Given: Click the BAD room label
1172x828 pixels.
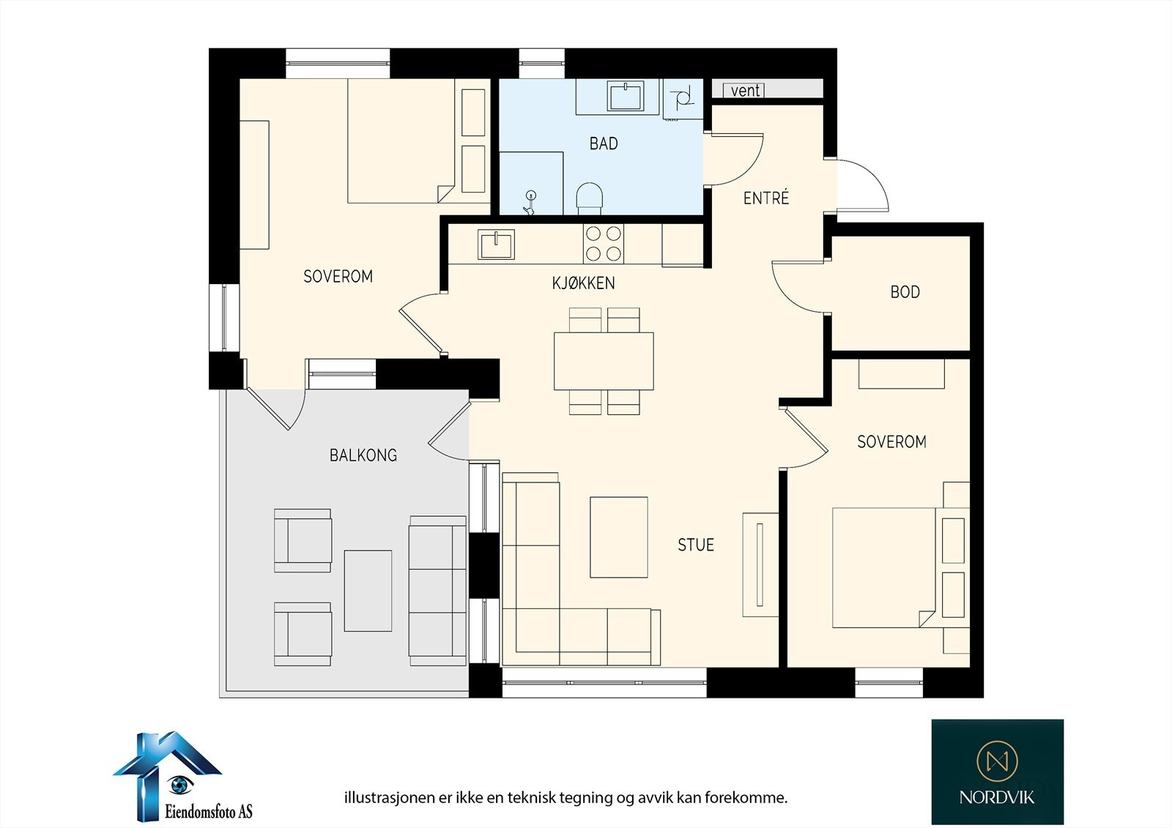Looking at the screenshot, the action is click(x=604, y=143).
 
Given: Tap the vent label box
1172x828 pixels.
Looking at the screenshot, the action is click(x=743, y=91).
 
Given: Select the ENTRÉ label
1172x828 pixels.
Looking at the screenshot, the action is click(x=766, y=198).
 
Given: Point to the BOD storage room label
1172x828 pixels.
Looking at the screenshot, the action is click(x=905, y=292).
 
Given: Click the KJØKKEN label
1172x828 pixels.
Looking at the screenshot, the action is click(x=583, y=283).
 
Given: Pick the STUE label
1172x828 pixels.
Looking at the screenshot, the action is click(x=696, y=545).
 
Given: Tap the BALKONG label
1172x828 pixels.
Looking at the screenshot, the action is click(x=363, y=455).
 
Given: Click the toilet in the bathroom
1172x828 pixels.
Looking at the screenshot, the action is click(x=590, y=198).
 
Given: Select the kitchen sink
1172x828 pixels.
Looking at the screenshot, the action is click(x=496, y=245).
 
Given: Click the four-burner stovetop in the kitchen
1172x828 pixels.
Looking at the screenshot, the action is click(x=604, y=243).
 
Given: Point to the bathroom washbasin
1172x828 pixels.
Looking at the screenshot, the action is click(x=626, y=96).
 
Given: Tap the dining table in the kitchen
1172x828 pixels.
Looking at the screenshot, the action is click(x=604, y=361).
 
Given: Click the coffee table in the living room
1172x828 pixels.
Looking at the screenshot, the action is click(x=619, y=537).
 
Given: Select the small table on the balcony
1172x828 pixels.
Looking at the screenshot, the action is click(x=368, y=591).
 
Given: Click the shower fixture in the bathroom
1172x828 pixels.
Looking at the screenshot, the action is click(x=530, y=203).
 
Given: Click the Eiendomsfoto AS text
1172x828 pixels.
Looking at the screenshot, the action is click(x=209, y=811).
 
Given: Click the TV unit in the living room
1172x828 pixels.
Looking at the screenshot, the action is click(x=760, y=565).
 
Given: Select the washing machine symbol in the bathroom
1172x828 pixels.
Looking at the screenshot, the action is click(x=683, y=99).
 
